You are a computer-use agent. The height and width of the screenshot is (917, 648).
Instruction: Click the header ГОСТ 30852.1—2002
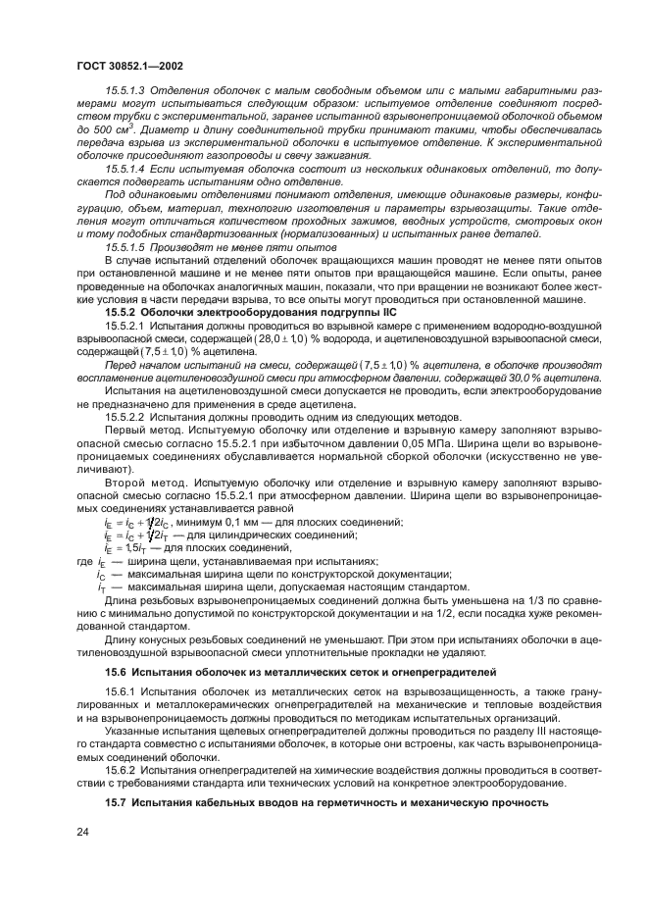click(129, 66)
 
